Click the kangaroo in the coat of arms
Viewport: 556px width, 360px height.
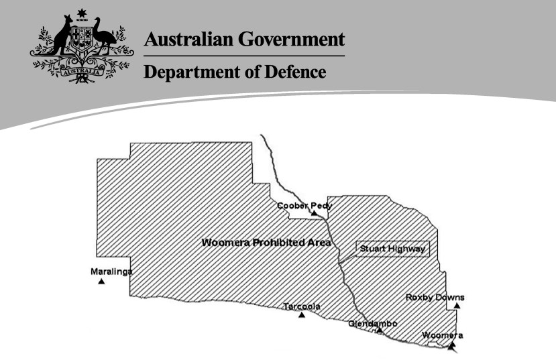62,42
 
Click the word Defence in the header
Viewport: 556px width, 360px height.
293,70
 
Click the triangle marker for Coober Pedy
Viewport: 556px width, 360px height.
314,213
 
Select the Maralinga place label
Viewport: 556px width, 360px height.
111,272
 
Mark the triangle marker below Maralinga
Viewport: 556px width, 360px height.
101,282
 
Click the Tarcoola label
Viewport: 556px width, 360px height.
301,306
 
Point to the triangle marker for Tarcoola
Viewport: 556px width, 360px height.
302,314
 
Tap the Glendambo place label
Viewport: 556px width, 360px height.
372,324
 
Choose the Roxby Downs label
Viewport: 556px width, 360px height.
435,297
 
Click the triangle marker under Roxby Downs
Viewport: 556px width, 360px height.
457,306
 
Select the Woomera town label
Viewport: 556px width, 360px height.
442,335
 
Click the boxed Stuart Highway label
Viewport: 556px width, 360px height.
392,249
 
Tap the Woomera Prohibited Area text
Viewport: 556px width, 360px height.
266,242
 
